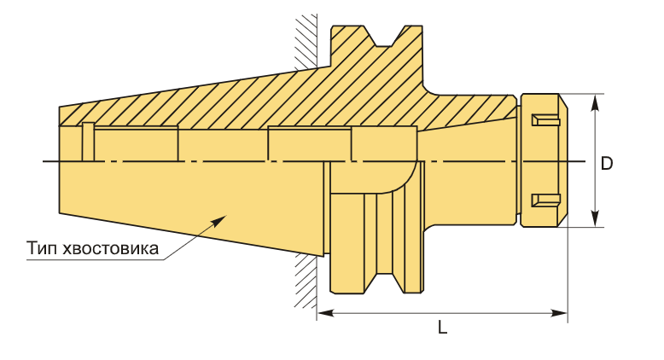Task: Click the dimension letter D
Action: point(607,163)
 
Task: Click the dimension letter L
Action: point(443,328)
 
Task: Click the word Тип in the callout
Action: point(41,249)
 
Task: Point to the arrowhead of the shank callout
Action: point(219,220)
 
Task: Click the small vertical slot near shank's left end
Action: point(87,142)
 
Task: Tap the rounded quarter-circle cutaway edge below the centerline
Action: point(408,181)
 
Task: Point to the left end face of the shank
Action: point(60,162)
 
